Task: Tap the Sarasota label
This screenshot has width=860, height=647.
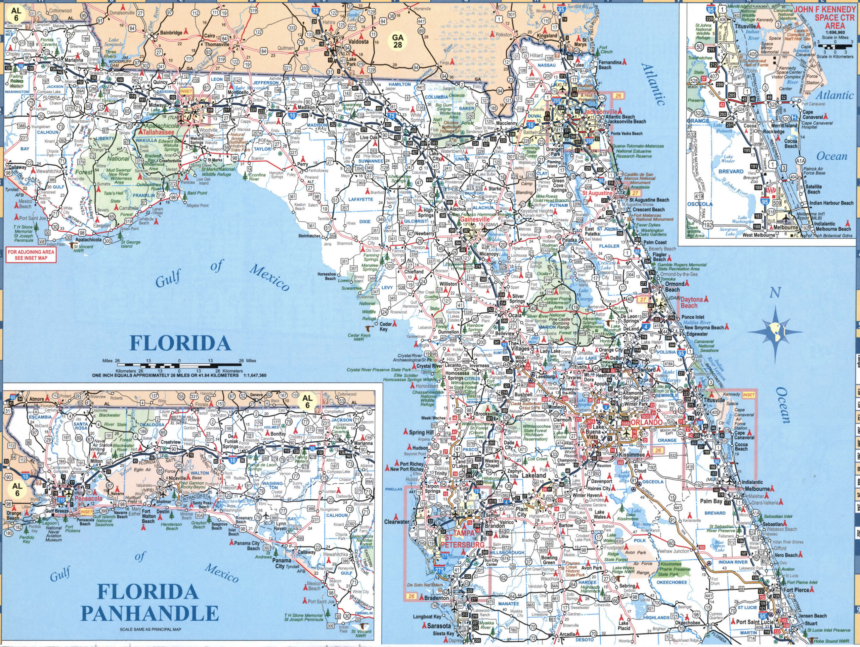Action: (439, 626)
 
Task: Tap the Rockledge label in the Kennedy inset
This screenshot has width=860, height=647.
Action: (773, 131)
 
